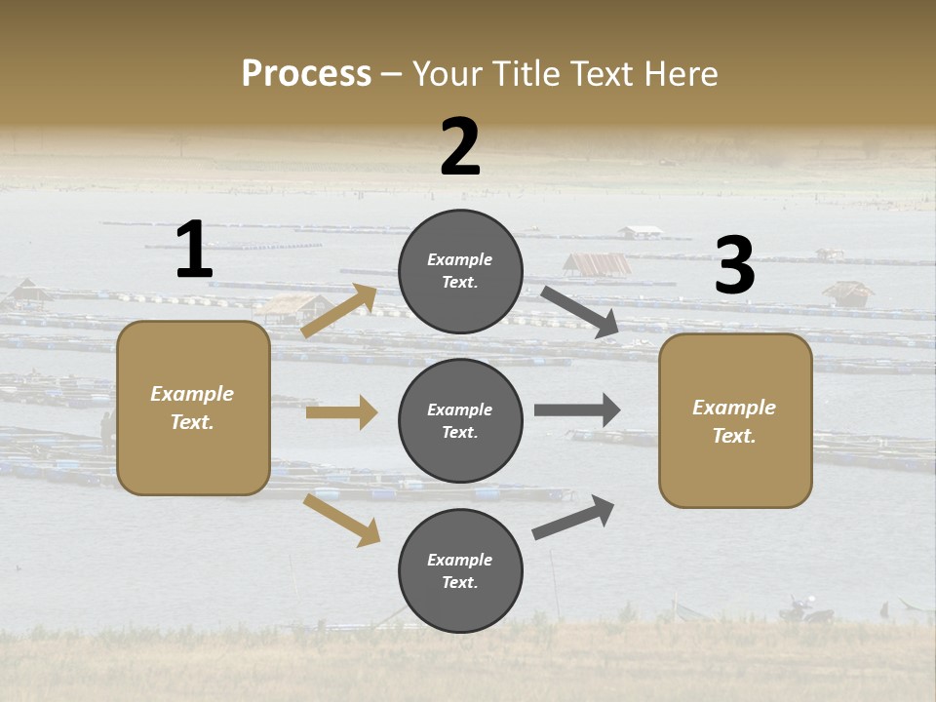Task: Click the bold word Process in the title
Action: pos(306,73)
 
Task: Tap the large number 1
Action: pos(194,250)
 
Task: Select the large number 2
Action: pos(460,146)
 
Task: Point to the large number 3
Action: pos(735,266)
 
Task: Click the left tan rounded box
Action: pos(193,408)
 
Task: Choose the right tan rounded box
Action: pos(735,421)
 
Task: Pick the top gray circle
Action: pos(460,271)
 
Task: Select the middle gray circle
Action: pos(460,421)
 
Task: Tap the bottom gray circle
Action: pos(460,570)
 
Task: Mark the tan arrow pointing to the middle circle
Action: pos(341,412)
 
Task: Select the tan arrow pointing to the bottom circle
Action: pos(341,520)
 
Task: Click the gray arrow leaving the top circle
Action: pos(580,313)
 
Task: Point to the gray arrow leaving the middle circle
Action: pos(577,409)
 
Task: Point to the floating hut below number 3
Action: pos(847,292)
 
